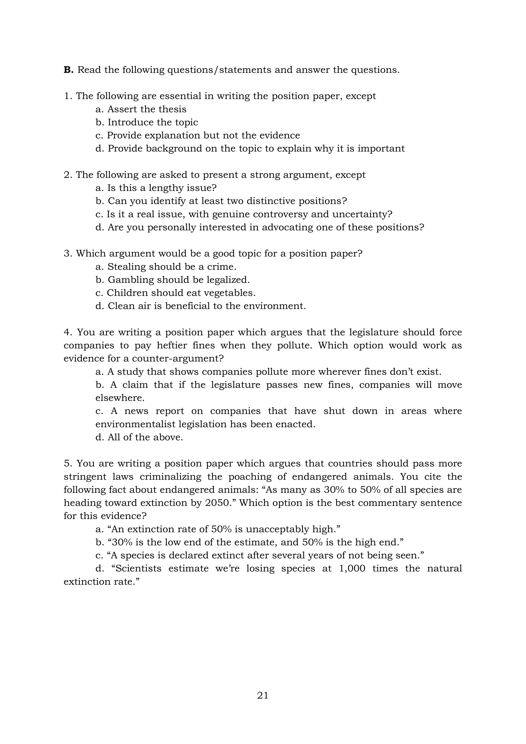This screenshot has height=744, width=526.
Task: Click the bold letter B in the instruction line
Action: pyautogui.click(x=69, y=70)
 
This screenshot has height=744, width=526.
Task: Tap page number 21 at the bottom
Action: pyautogui.click(x=263, y=695)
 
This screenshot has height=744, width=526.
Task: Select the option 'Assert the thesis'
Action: pyautogui.click(x=147, y=109)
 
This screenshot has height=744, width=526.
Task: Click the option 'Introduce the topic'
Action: pyautogui.click(x=153, y=122)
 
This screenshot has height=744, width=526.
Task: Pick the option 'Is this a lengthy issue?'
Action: pyautogui.click(x=162, y=188)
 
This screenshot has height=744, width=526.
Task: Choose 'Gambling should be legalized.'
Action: pyautogui.click(x=179, y=280)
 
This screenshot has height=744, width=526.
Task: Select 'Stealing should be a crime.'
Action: pyautogui.click(x=172, y=267)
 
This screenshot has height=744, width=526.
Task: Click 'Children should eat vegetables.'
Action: pyautogui.click(x=181, y=293)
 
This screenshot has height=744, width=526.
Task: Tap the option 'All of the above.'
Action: pyautogui.click(x=145, y=438)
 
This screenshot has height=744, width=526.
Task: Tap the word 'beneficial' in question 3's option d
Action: pyautogui.click(x=189, y=306)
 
